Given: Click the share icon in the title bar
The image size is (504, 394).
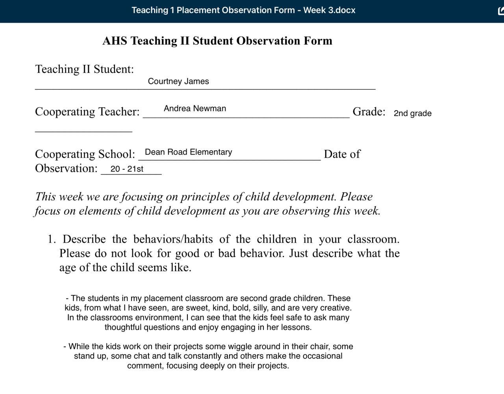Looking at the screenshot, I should (x=501, y=11).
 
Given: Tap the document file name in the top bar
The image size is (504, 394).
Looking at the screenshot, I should (x=243, y=10).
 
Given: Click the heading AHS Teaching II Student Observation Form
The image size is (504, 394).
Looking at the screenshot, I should (x=217, y=41).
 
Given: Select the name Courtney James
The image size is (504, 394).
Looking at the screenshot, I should (x=178, y=81).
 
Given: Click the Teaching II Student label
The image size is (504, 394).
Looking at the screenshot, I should (x=85, y=69).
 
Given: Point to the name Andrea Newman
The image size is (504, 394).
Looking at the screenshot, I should (x=195, y=109).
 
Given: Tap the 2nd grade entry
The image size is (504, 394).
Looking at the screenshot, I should (x=413, y=113).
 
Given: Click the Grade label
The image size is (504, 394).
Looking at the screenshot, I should (x=369, y=112).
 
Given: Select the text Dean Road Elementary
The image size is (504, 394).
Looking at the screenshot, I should (x=189, y=152).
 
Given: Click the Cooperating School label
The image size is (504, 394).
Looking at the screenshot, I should (x=85, y=154).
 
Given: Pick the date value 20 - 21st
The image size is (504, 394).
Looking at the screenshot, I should (x=127, y=169).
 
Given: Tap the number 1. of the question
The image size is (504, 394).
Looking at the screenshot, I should (x=52, y=239).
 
